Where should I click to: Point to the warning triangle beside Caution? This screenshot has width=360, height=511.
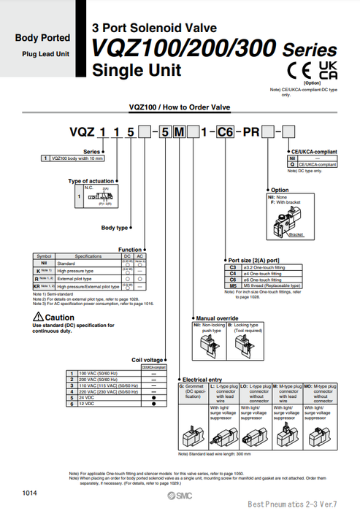[x=38, y=318]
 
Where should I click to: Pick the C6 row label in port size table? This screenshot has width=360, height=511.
[x=233, y=280]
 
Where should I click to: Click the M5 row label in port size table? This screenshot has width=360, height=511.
[x=233, y=285]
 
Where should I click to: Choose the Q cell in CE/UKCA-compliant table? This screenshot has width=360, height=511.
[x=293, y=164]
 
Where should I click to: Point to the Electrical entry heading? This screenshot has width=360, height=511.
[x=202, y=380]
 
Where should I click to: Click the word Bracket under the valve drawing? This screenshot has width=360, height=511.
[x=296, y=235]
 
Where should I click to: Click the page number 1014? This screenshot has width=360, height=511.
[x=30, y=496]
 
